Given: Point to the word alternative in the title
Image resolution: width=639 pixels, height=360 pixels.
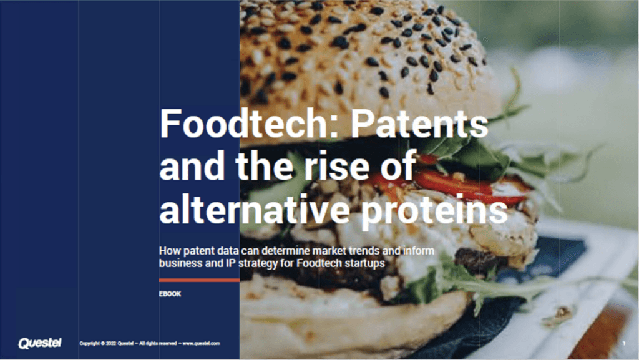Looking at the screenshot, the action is point(255,209).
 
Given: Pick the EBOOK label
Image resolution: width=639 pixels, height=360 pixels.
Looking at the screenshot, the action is point(170,294).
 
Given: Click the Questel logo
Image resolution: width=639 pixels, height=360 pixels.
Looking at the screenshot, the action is point(40,343).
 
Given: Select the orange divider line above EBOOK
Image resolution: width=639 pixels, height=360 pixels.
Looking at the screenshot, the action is point(199,280).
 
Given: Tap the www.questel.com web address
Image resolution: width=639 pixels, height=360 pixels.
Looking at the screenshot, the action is point(202,343).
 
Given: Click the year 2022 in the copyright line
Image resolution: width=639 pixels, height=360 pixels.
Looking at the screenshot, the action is point(111,343).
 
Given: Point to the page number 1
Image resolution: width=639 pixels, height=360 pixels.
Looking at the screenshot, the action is point(624,343).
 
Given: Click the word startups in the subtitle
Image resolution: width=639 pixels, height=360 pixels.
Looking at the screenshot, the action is point(364,263).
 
